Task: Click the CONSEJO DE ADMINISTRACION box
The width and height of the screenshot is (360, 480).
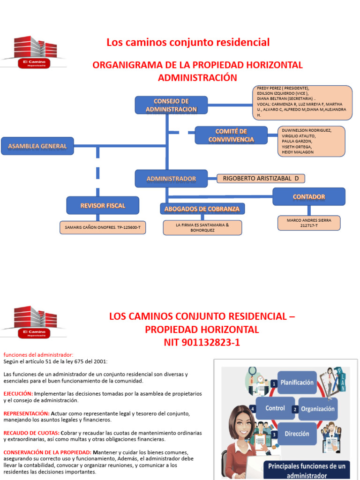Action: (171, 105)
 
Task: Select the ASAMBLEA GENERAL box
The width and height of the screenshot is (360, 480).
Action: (37, 146)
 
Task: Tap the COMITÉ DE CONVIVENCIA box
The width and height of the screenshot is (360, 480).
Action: (231, 135)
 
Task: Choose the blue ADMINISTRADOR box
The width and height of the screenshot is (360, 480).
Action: (171, 179)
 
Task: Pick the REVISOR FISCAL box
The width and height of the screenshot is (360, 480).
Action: (103, 205)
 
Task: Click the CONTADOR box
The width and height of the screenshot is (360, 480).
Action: (309, 196)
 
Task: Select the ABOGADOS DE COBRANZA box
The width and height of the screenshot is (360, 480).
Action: (202, 209)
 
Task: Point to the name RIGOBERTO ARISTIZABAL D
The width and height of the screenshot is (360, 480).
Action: (261, 178)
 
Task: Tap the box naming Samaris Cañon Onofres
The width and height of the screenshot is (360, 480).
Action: (103, 227)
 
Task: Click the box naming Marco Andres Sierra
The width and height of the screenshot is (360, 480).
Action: (309, 223)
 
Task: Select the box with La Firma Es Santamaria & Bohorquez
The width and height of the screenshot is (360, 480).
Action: (202, 227)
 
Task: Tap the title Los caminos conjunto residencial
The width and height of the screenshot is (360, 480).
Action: (188, 42)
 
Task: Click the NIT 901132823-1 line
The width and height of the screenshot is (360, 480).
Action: (202, 343)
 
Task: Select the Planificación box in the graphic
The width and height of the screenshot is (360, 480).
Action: (297, 382)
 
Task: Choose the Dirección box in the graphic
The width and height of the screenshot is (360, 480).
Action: (297, 434)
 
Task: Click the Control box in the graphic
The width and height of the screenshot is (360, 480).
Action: (275, 408)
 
